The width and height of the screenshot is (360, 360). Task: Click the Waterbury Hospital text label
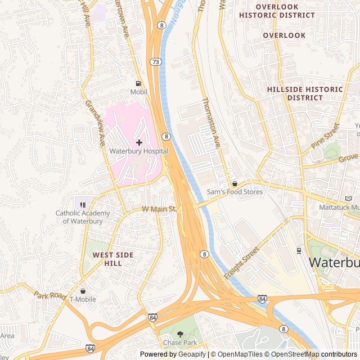tap(138, 151)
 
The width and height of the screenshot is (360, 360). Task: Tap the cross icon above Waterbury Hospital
tap(139, 142)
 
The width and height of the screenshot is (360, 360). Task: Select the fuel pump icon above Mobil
tap(138, 83)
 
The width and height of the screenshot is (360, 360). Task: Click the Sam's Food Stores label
tap(235, 192)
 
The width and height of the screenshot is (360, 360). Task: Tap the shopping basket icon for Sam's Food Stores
tap(235, 184)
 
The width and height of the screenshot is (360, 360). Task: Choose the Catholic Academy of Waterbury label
tap(79, 217)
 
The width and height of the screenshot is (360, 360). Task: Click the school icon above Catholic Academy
tap(83, 205)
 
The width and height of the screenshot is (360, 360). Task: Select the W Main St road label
tap(159, 209)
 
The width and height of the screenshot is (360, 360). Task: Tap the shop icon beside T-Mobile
tap(83, 291)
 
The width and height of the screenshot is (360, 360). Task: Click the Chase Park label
tap(180, 343)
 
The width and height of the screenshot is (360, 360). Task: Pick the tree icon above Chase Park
tap(180, 334)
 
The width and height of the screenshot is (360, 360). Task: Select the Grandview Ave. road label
tap(95, 123)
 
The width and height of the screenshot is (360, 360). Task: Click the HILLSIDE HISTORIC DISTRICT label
tap(304, 93)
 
